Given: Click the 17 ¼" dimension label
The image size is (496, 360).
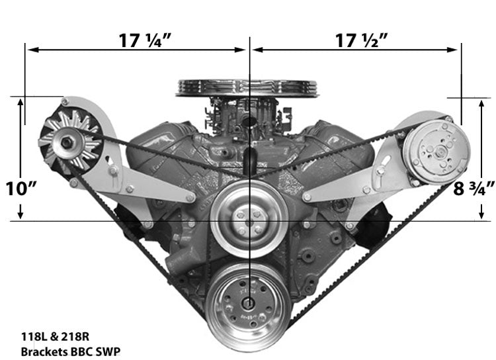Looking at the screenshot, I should [145, 40].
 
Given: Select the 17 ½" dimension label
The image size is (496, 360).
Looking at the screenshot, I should [360, 40].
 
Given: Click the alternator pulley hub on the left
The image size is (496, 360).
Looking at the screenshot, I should [66, 140].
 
